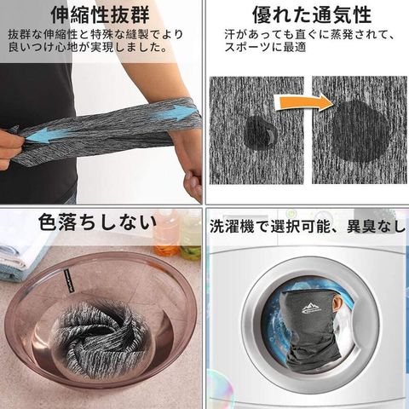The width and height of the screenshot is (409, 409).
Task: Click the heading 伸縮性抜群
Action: (100, 14)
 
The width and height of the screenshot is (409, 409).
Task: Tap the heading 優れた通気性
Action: (312, 14)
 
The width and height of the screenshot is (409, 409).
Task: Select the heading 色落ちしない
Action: (97, 222)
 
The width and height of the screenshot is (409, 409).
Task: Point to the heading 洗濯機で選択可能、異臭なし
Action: (308, 227)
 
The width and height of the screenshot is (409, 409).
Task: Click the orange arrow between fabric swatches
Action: (306, 101)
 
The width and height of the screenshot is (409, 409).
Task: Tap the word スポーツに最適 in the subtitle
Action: (265, 47)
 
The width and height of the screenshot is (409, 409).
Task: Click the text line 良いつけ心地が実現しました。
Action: (88, 47)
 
